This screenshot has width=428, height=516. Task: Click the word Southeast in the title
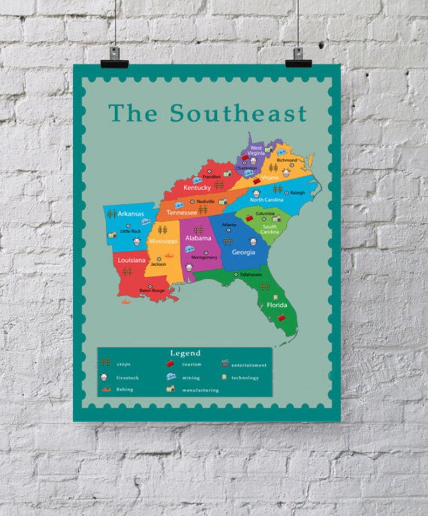238,113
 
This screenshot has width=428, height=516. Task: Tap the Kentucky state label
197,188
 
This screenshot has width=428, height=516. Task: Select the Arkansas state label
130,213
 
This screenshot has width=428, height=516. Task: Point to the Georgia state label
243,252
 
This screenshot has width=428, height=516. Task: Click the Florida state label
277,305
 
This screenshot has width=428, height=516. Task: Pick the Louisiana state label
132,260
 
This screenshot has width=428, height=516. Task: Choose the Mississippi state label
163,241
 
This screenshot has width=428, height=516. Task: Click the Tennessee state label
181,212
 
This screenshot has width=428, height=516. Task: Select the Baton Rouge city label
152,291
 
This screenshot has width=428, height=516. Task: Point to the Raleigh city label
297,192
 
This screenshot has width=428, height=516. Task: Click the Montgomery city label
204,257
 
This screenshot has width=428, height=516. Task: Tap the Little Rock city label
130,231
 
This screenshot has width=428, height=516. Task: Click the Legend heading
185,353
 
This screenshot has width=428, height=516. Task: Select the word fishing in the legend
124,389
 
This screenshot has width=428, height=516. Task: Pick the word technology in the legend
245,377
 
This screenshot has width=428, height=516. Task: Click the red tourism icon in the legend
171,364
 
